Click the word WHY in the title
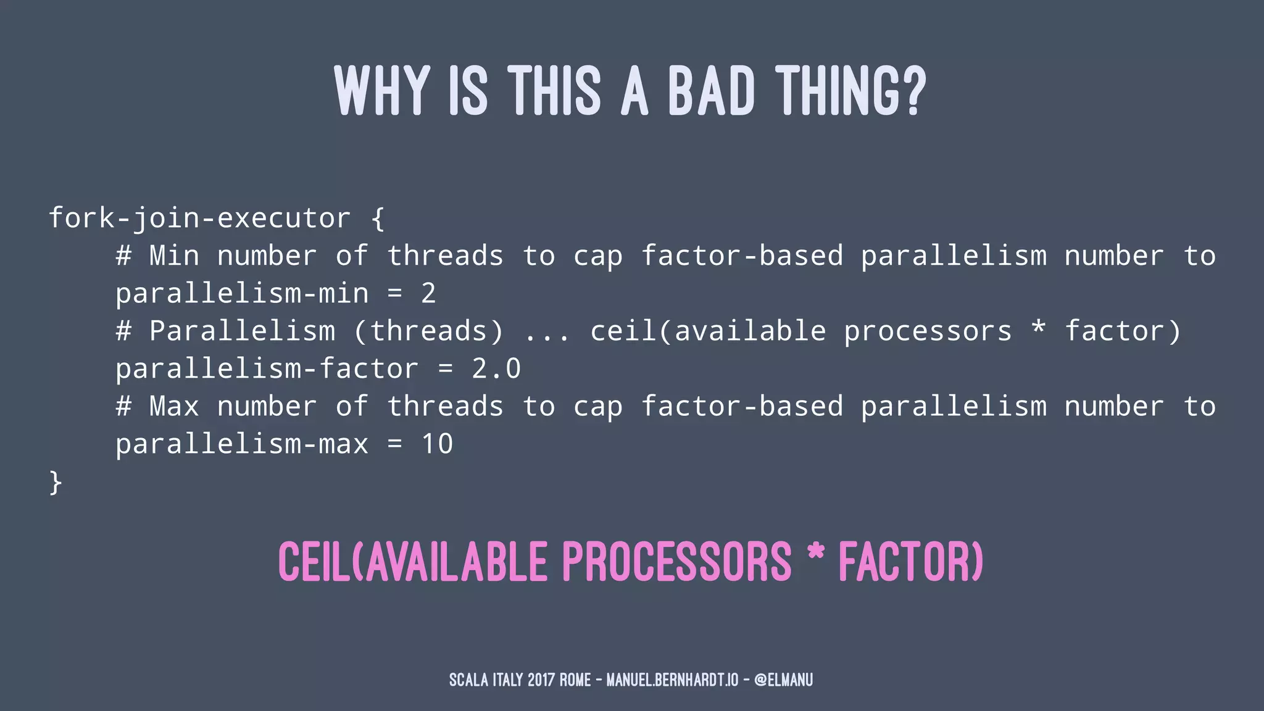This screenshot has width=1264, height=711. click(382, 91)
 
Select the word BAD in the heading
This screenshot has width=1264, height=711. click(711, 91)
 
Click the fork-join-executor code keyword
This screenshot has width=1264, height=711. click(199, 218)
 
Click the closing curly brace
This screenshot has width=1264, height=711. click(56, 482)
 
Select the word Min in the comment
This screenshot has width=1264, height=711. click(174, 256)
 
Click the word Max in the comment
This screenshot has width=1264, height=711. click(174, 406)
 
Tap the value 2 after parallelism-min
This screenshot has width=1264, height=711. click(428, 293)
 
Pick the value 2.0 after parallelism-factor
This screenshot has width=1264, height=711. click(496, 368)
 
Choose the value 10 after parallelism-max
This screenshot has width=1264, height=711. click(437, 444)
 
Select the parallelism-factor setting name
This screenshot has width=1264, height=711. click(267, 368)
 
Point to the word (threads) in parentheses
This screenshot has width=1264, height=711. click(429, 331)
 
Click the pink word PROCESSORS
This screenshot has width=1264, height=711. click(676, 562)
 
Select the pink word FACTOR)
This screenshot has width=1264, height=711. click(910, 562)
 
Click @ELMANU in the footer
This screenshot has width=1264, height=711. click(783, 680)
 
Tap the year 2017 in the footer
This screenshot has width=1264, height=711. click(541, 680)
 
